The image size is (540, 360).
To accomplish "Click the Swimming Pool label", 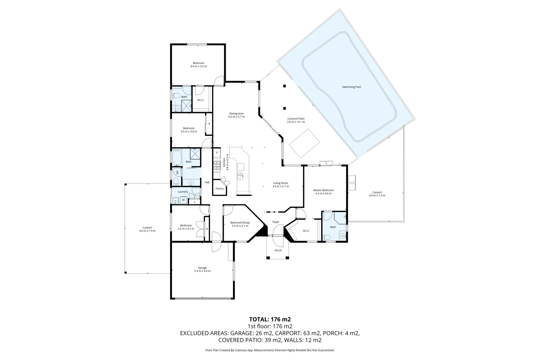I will pos(351,87).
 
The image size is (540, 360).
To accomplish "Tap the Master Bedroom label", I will pos(323,190).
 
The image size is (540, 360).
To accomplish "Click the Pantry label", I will pos(219,189).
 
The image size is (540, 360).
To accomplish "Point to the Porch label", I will pos(278,250).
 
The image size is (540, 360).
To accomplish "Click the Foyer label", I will pos(276,222).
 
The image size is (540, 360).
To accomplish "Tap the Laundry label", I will pos(183,192).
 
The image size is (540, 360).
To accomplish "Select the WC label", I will pos(177,172).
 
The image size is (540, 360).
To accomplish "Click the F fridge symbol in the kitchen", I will pos(217,153).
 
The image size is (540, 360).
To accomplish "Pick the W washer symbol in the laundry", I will pos(183,200).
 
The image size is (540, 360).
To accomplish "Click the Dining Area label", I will pos(236,114).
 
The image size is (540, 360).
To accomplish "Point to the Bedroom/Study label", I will pos(240,223).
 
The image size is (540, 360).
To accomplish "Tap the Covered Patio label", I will pos(296,119).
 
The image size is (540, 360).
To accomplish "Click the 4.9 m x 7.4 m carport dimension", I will pos(377,196).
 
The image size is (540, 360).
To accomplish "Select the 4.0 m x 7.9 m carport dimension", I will pos(147,231).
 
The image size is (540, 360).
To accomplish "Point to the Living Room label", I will pos(280,183).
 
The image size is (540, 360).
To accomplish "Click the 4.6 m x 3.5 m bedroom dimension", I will pos(198,66).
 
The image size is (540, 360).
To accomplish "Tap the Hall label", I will pos(207,182).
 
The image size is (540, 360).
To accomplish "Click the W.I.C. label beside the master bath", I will pos(306,231).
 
